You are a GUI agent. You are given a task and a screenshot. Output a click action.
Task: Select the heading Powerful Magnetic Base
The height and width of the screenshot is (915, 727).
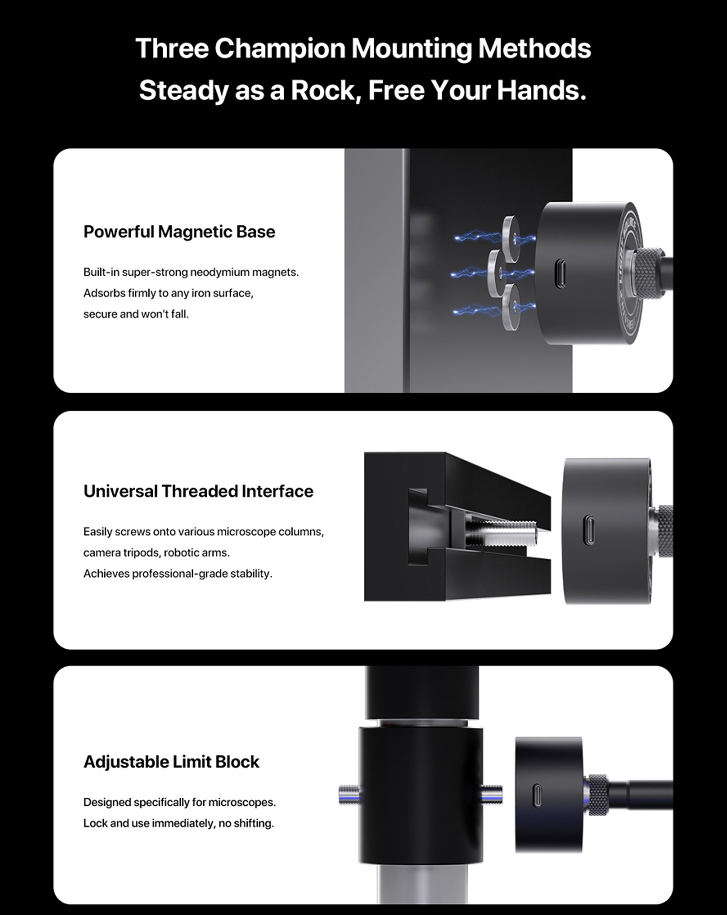179,232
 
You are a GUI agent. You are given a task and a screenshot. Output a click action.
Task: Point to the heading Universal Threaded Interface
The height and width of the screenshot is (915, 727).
198,491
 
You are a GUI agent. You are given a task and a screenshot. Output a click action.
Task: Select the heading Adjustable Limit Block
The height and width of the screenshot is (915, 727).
171,762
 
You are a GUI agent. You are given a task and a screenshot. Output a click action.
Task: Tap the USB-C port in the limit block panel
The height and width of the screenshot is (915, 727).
537,796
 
